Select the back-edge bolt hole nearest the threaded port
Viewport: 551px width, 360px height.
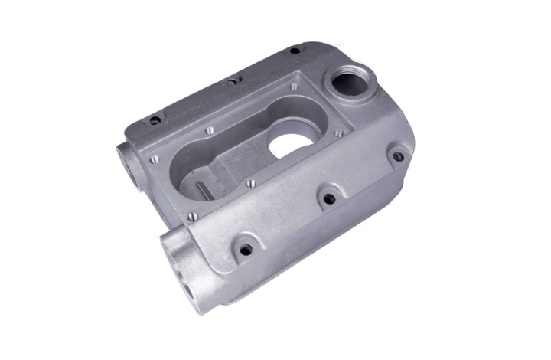click(x=295, y=51)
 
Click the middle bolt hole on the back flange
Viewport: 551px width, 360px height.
click(x=230, y=82)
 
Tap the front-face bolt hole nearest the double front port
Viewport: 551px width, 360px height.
click(x=246, y=249)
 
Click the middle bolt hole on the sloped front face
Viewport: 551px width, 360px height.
click(x=328, y=198)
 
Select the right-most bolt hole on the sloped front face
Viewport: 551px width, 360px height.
click(x=397, y=156)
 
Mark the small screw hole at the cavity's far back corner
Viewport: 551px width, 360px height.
click(x=293, y=87)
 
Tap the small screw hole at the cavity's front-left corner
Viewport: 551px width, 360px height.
click(x=192, y=216)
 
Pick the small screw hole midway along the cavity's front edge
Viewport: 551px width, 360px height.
click(x=249, y=183)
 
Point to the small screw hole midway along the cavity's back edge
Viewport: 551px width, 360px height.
click(x=210, y=131)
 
